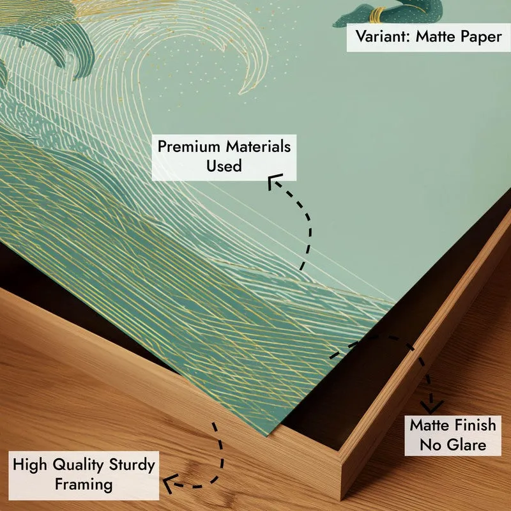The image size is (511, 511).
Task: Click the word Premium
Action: (x=189, y=147)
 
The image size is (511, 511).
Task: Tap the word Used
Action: (x=224, y=165)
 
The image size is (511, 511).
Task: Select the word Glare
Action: (x=466, y=445)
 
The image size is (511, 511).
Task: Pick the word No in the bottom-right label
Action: (x=430, y=445)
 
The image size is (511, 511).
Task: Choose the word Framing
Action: (x=84, y=484)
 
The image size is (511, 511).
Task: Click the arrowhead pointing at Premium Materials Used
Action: (x=273, y=181)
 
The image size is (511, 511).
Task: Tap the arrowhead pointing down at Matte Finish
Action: (x=432, y=408)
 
